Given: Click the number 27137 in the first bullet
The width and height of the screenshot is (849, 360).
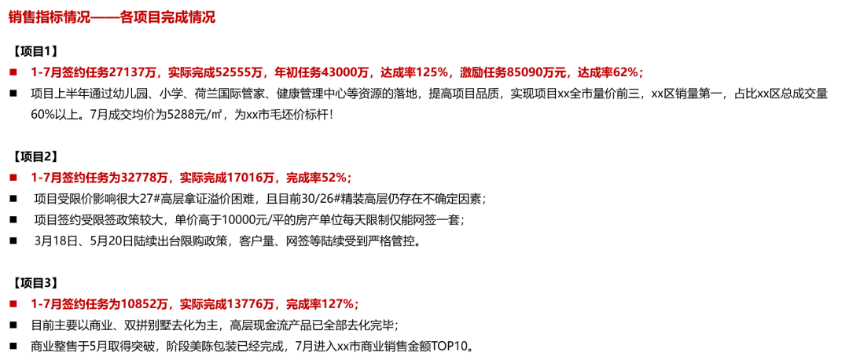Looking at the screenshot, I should [x=127, y=72].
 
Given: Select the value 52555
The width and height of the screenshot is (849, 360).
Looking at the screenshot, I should [x=242, y=72].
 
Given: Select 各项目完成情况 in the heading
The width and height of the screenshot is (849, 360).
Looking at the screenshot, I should [x=168, y=17].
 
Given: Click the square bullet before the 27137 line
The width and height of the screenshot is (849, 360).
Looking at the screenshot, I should [x=13, y=72].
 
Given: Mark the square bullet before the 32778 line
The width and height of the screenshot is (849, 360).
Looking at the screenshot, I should [x=13, y=178].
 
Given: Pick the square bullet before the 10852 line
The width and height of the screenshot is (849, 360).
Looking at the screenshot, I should [x=13, y=303].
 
